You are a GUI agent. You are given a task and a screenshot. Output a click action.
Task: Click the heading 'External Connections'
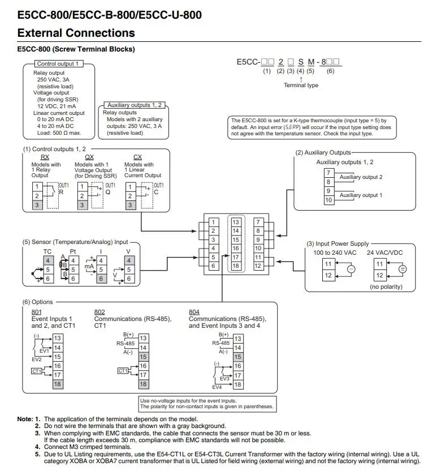coord(76,33)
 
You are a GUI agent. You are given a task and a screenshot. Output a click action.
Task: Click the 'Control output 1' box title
coord(58,64)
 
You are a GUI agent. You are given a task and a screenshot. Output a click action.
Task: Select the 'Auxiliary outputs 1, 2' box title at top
coord(135,105)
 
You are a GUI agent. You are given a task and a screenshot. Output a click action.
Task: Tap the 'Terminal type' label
coord(301,85)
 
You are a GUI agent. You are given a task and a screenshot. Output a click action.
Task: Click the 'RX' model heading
coord(45,157)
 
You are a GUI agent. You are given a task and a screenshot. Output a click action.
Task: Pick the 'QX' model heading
coord(89,157)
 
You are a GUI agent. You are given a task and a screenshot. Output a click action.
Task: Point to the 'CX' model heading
coord(137,157)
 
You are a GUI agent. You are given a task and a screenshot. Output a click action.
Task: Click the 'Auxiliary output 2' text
coord(361,177)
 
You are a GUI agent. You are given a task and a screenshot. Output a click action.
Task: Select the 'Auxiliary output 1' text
coord(361,195)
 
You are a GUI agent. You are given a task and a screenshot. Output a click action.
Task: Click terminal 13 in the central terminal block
coord(236,222)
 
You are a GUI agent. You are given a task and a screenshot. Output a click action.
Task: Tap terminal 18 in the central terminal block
coord(236,266)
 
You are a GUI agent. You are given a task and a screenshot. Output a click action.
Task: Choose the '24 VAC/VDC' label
coord(385,253)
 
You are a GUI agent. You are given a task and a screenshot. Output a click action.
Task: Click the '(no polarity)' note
coord(386,286)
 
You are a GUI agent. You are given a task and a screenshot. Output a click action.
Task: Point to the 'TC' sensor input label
coord(47,250)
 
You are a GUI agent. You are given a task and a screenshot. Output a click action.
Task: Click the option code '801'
coord(36,312)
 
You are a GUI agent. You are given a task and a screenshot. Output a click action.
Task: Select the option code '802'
coord(99,312)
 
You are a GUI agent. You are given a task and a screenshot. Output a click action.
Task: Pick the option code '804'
coord(194,312)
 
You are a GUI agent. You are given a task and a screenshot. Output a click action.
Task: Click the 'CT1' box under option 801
coord(37,370)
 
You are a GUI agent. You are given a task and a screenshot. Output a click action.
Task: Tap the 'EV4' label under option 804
coord(217,387)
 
